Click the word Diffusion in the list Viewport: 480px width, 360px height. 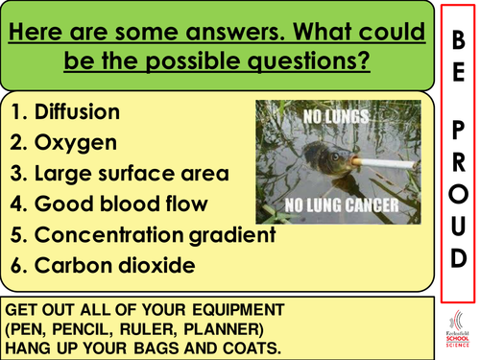coord(78,112)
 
